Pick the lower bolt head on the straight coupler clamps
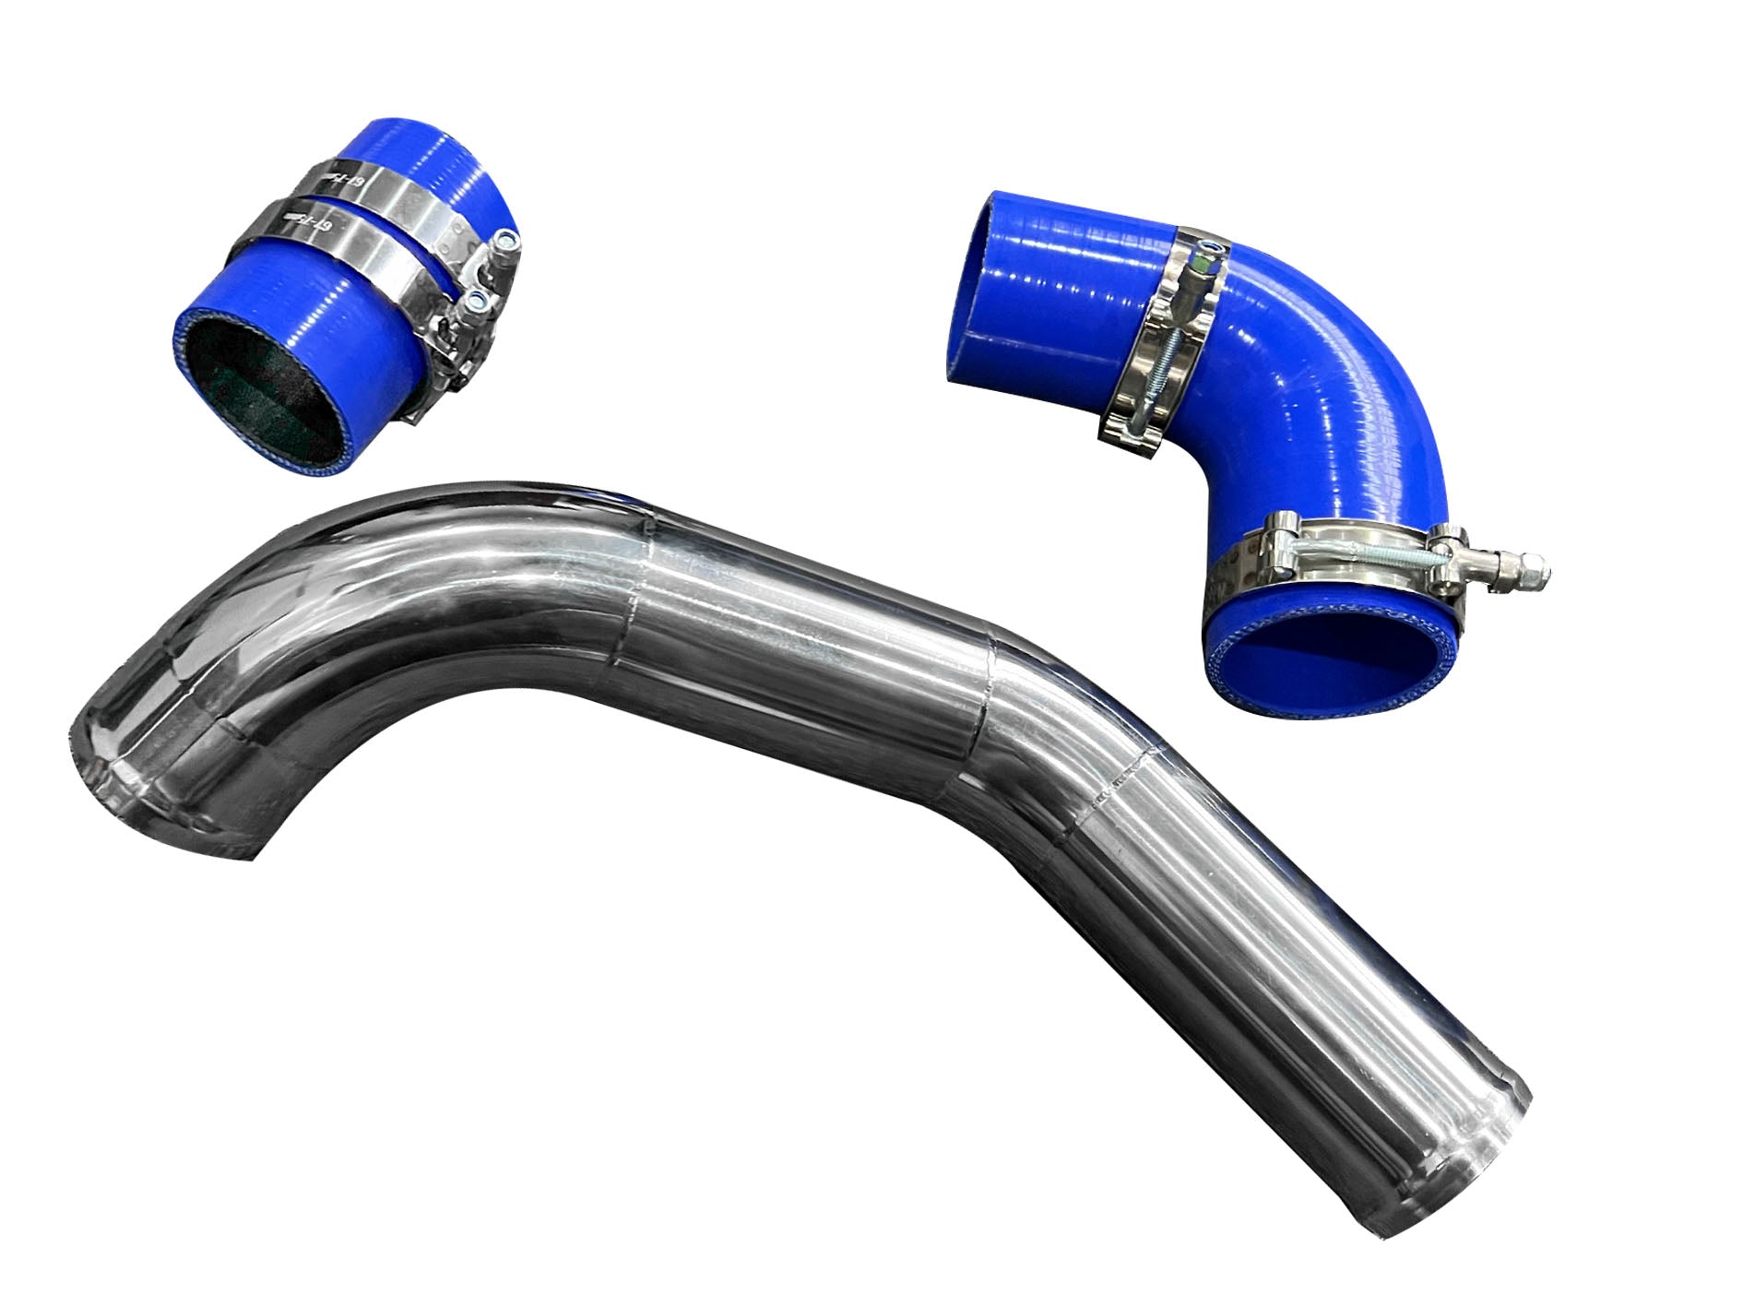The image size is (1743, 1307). coord(477,300)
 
